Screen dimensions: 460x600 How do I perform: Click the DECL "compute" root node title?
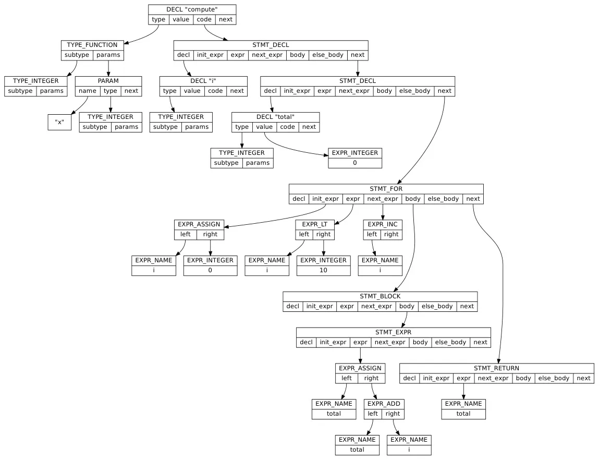[192, 9]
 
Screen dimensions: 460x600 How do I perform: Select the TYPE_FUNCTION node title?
[92, 45]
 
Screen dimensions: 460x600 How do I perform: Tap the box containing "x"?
[59, 122]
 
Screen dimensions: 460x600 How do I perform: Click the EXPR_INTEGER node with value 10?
[323, 265]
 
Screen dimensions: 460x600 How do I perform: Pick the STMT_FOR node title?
[386, 189]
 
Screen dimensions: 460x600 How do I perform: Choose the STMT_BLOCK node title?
[380, 296]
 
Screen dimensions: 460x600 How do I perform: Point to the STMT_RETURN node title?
[496, 368]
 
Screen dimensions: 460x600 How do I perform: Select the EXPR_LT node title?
[314, 224]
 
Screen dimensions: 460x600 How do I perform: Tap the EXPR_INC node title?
[383, 224]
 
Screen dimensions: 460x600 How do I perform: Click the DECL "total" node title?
[275, 117]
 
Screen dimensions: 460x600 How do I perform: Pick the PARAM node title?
[108, 81]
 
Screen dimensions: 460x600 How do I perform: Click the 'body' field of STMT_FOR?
[413, 199]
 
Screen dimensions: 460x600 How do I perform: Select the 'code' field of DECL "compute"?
[204, 19]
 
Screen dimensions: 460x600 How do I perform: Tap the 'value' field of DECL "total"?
[264, 127]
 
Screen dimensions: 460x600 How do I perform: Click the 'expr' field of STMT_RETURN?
[463, 378]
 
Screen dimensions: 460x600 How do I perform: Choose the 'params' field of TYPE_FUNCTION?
[108, 55]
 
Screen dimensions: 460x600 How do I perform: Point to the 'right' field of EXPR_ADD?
[393, 414]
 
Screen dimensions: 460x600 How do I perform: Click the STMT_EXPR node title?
[393, 332]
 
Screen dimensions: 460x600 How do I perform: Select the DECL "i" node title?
[203, 81]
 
